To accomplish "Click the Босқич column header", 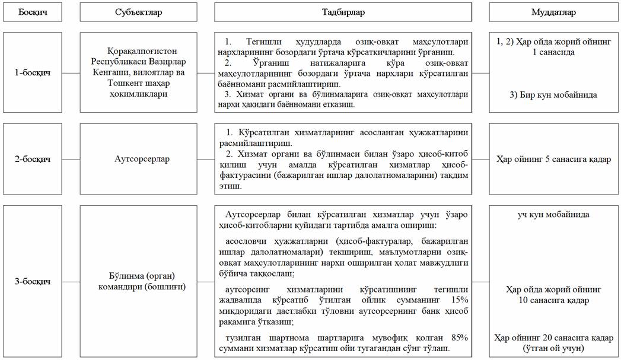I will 33,12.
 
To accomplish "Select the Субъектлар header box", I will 138,12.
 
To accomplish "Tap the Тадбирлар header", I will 343,12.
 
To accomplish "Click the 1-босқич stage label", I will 33,73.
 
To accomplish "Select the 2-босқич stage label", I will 33,159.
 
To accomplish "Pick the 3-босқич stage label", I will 33,281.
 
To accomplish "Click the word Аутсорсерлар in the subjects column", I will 138,159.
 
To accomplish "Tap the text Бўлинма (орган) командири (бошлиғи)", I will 138,282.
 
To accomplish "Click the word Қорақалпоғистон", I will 138,52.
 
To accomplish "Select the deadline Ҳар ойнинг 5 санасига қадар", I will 553,159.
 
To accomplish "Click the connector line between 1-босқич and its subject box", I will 71,73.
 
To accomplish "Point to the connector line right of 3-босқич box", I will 71,281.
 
